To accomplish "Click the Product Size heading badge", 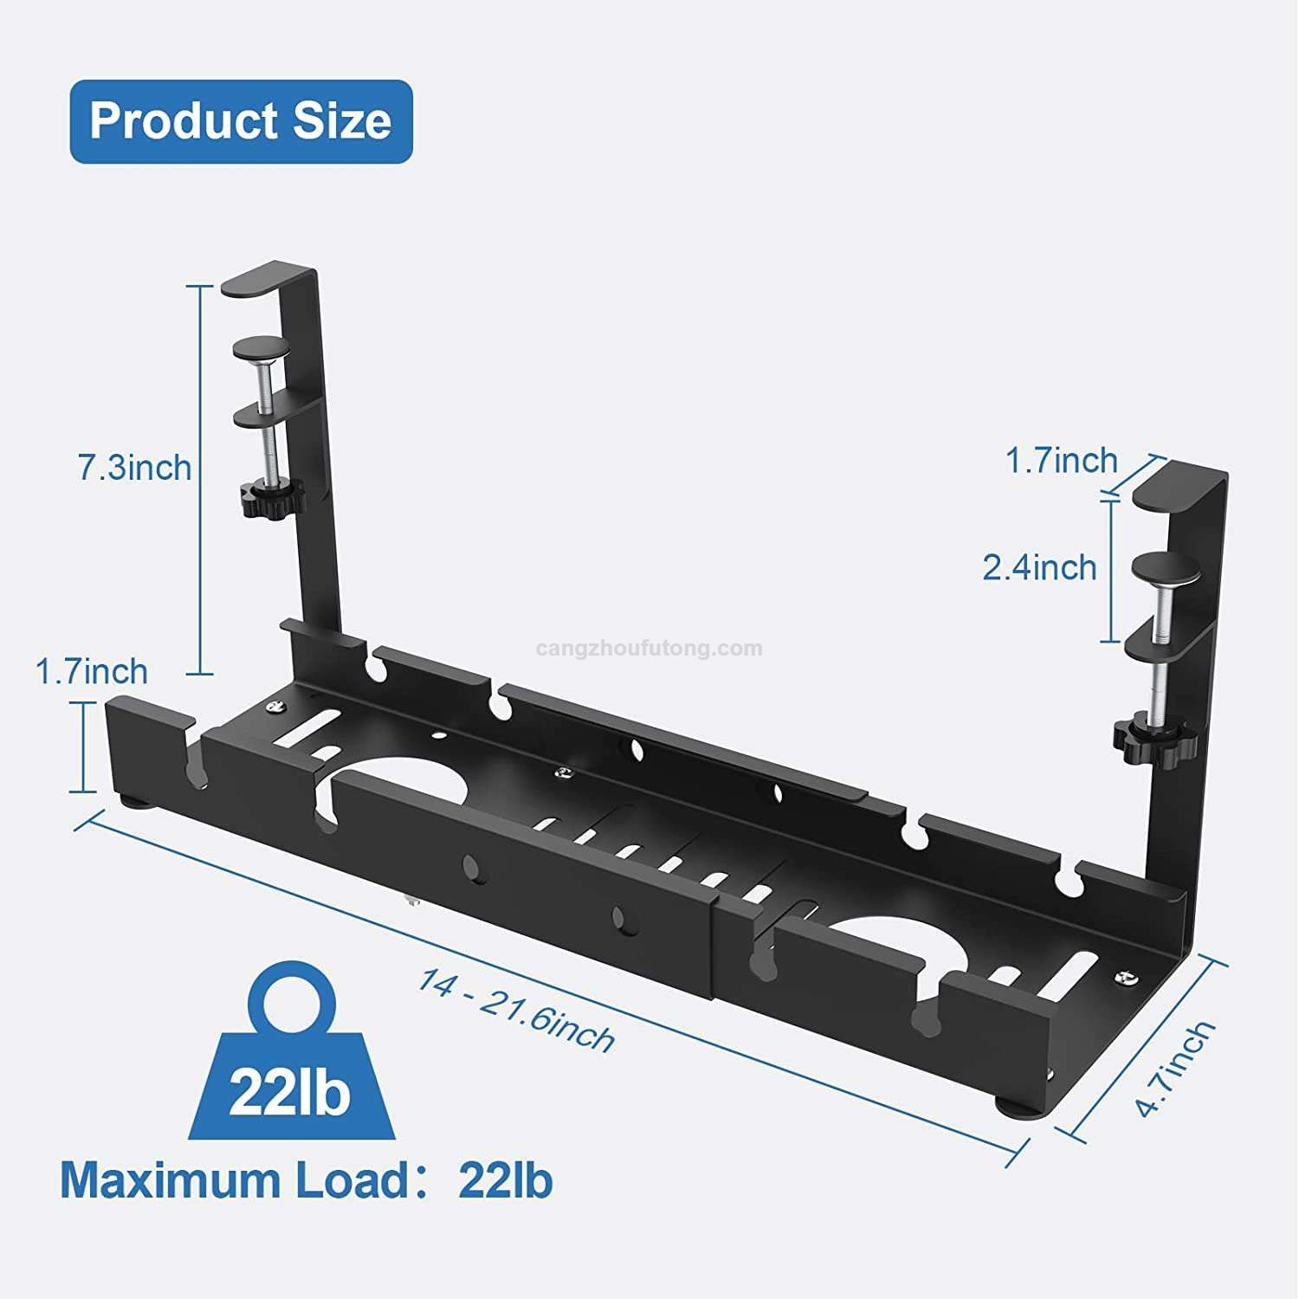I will click(x=241, y=121).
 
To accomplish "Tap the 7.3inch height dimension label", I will click(x=135, y=468).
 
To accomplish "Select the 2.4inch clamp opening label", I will click(x=1039, y=568).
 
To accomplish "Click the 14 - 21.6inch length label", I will click(x=517, y=1010).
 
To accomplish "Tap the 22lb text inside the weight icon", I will click(x=289, y=1093).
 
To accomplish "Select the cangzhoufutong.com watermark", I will click(x=649, y=648).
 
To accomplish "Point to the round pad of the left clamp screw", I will click(x=263, y=348).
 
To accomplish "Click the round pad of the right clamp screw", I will click(x=1166, y=567).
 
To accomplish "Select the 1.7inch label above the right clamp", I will click(x=1062, y=461).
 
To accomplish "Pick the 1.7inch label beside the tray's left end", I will click(x=92, y=671).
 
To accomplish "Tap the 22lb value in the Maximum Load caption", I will click(x=506, y=1180).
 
